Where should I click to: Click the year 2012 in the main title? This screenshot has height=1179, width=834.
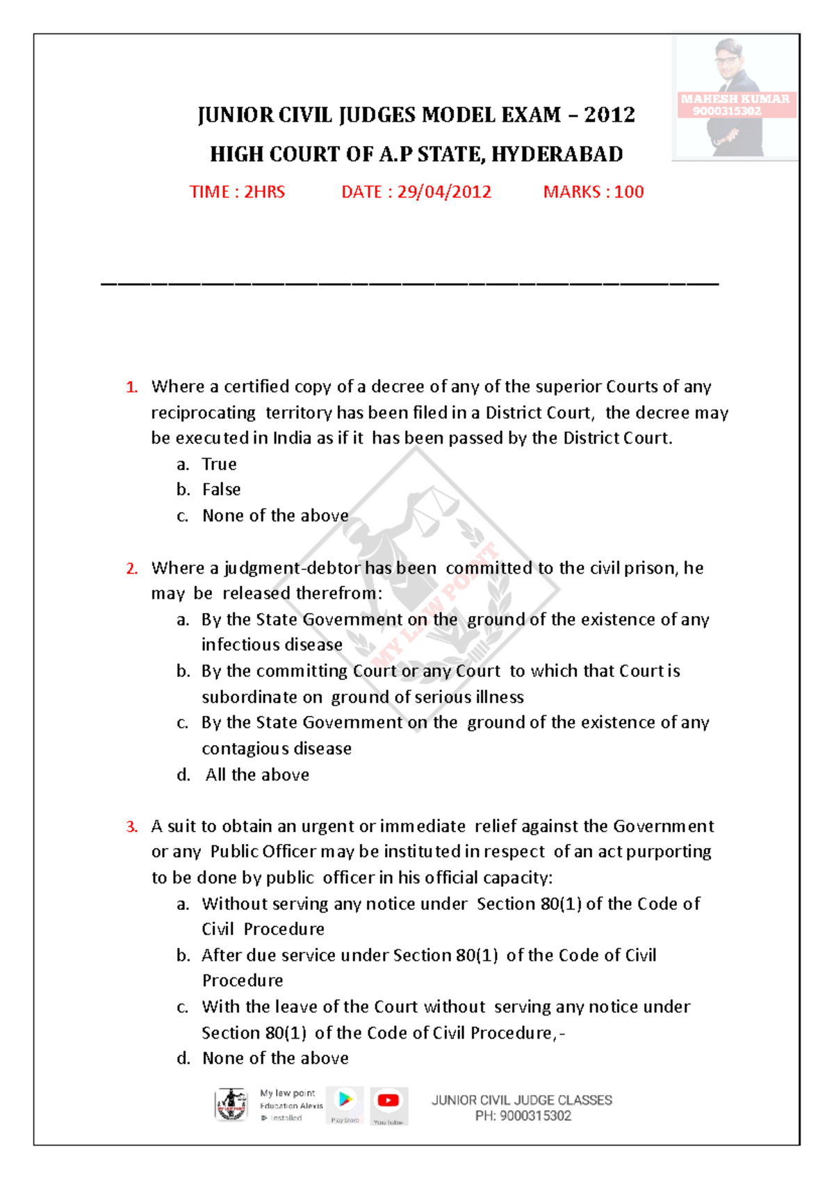609,115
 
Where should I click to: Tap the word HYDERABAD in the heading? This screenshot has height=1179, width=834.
557,154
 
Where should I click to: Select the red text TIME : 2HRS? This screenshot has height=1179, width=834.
237,192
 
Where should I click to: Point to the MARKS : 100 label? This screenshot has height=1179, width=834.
593,192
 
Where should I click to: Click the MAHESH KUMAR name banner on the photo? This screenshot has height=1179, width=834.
735,99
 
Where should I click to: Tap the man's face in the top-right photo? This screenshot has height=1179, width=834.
728,57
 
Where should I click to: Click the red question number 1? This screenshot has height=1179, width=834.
131,387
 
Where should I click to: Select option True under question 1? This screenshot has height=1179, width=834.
219,464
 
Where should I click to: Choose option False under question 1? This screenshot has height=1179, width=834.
221,490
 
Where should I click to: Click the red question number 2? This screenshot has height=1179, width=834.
131,569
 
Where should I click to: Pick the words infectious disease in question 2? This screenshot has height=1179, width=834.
272,645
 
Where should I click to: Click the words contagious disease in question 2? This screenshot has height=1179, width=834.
277,749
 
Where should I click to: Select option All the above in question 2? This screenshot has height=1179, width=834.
257,775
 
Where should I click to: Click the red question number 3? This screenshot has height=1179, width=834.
131,827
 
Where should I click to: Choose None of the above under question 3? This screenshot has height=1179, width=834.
275,1059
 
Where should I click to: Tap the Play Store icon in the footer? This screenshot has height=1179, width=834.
345,1100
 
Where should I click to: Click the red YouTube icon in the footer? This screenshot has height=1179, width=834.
388,1100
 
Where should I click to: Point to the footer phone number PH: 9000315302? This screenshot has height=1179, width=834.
523,1116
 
